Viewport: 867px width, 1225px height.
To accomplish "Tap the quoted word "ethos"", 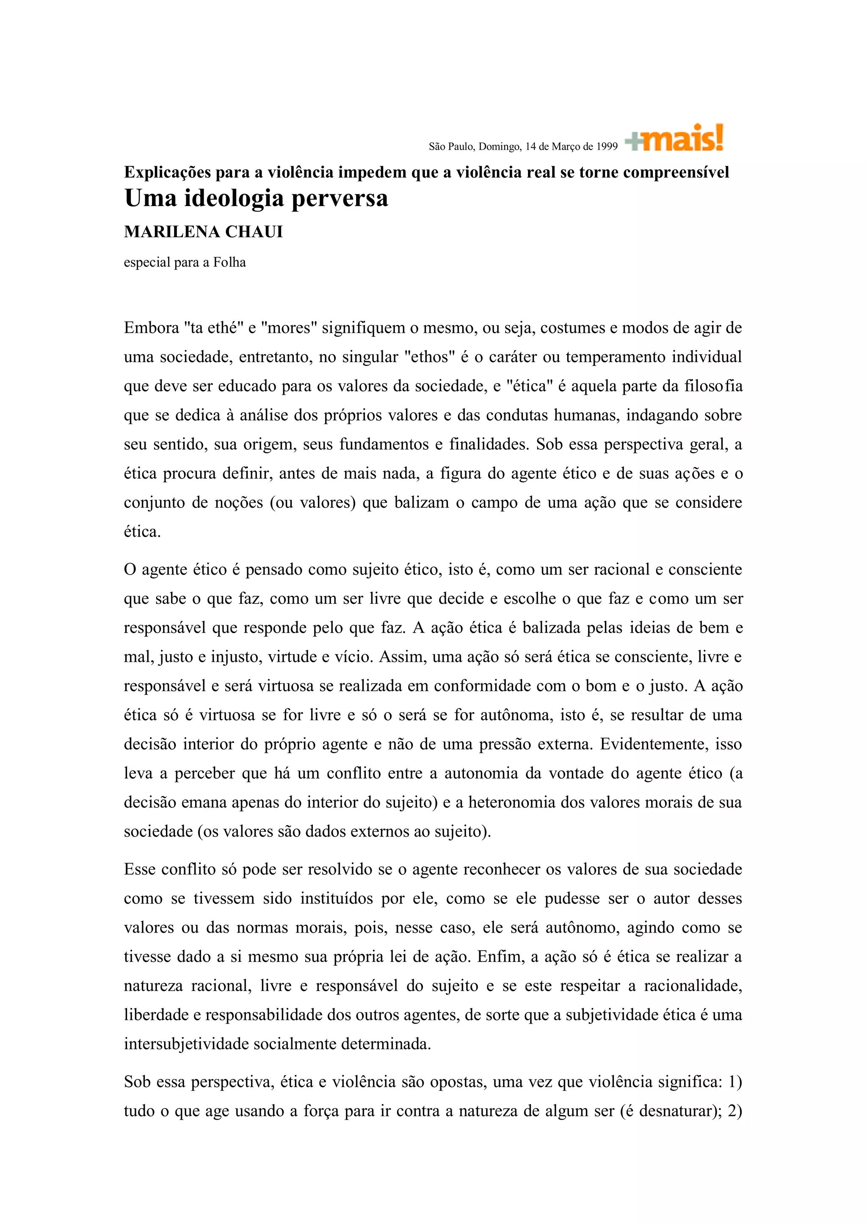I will tap(430, 357).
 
